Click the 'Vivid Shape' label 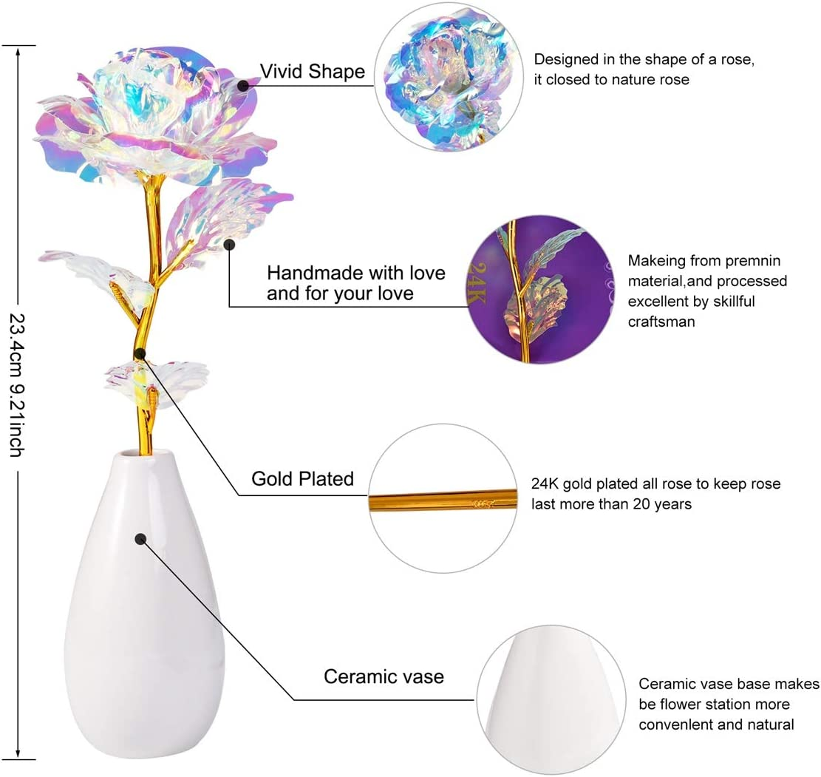(x=312, y=71)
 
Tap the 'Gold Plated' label (x=303, y=478)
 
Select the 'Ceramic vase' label (x=384, y=676)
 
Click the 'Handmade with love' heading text (x=356, y=273)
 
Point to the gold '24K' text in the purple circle (x=475, y=283)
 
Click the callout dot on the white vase (x=140, y=539)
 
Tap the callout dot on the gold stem (x=139, y=353)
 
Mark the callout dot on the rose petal (x=243, y=85)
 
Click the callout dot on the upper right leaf (x=229, y=244)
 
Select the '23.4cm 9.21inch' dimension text (x=18, y=385)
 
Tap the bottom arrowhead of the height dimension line (x=18, y=753)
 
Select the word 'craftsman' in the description (x=661, y=321)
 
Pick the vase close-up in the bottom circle (x=551, y=699)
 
